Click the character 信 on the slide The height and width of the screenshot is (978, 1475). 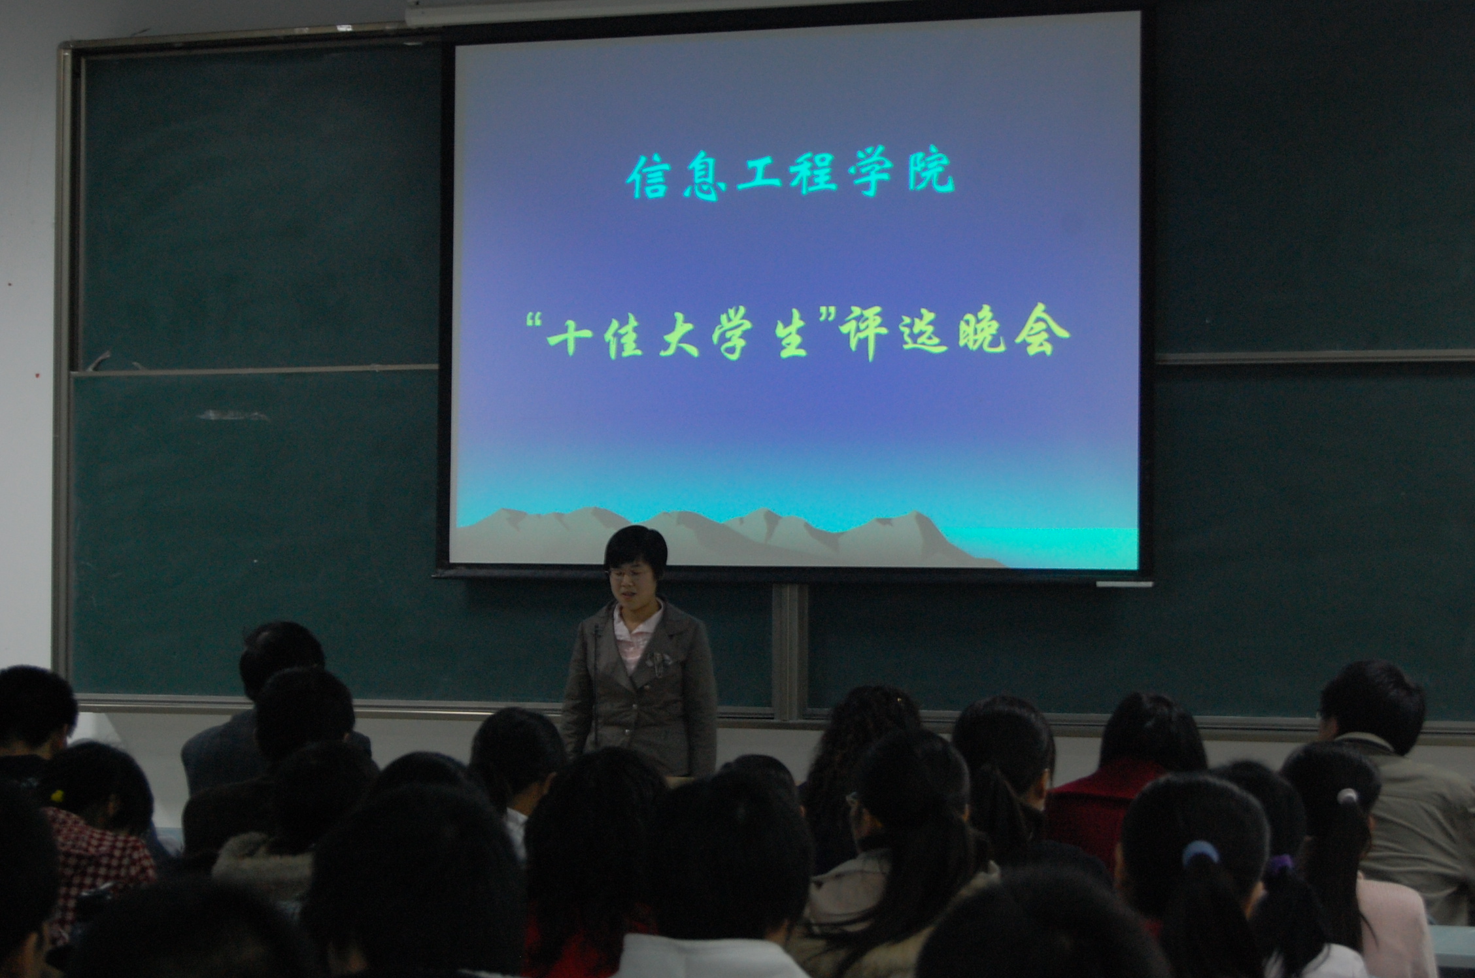point(647,177)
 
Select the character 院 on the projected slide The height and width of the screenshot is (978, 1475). point(931,173)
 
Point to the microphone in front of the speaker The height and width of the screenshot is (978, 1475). point(596,680)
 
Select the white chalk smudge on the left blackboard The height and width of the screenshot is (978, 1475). point(232,415)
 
